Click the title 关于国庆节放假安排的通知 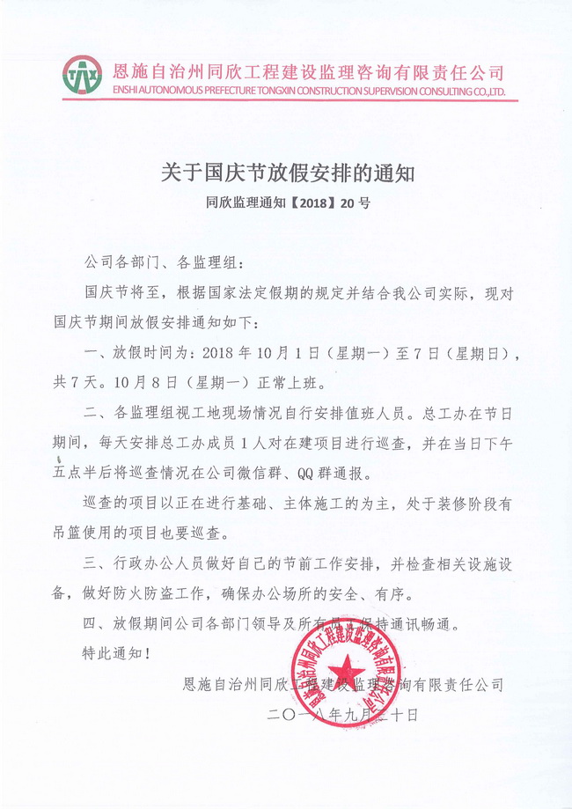(286, 173)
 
